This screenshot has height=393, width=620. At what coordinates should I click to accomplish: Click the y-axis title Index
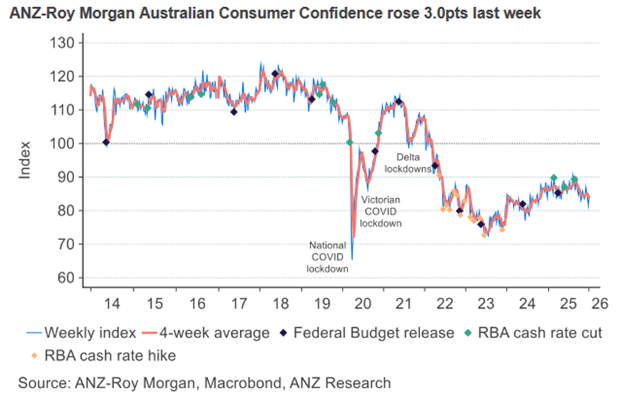[25, 160]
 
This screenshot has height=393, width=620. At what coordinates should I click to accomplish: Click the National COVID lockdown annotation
[328, 257]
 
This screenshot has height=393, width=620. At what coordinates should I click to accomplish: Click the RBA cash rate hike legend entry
[100, 355]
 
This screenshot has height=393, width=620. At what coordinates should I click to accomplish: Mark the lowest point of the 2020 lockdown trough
[352, 260]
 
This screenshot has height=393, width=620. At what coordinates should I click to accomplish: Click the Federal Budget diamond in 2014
[106, 143]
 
